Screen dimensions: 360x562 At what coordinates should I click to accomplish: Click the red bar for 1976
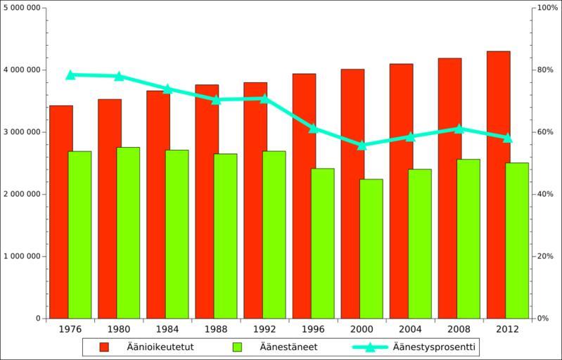coord(60,211)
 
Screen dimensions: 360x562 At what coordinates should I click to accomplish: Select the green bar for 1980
coord(128,232)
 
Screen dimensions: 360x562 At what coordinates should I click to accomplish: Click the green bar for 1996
coord(323,243)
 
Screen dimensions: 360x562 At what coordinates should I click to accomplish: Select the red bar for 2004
coord(401,191)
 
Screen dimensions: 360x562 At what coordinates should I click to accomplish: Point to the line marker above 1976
coord(70,75)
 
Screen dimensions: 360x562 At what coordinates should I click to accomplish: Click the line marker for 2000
coord(362,146)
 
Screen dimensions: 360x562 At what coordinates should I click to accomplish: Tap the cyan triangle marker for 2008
coord(459,129)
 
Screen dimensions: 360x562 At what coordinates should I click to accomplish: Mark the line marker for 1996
coord(314,128)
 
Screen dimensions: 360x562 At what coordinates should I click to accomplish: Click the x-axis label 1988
coord(216,329)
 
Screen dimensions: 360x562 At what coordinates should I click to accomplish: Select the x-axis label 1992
coord(264,329)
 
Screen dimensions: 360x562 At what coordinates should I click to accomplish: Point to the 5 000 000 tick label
coord(23,8)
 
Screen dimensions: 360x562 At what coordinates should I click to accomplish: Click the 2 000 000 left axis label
coord(23,194)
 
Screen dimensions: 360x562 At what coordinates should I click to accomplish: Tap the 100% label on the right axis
coord(547,8)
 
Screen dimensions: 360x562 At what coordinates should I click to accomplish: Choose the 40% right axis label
coord(546,194)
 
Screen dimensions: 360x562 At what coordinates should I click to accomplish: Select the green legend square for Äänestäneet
coord(237,347)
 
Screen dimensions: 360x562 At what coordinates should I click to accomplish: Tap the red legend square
coord(104,347)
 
